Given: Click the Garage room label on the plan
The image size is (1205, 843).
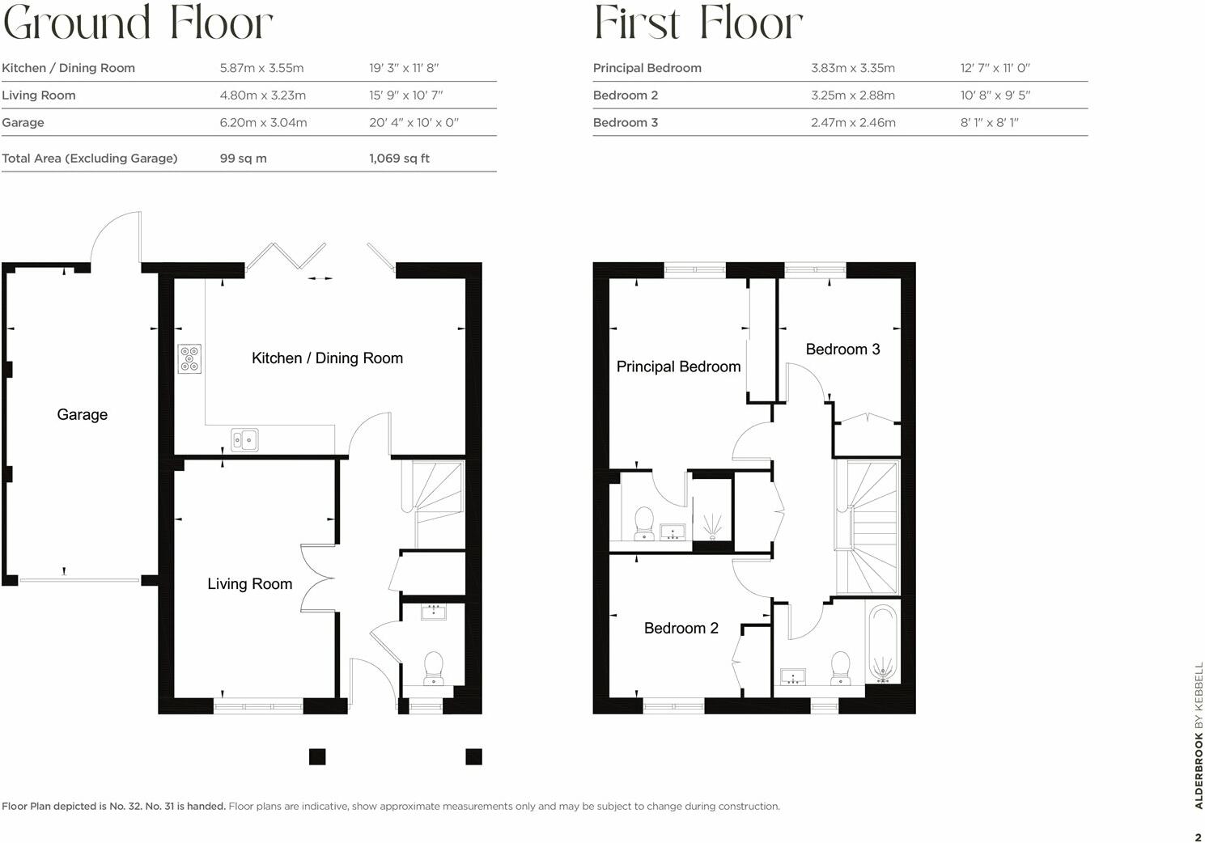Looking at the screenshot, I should (82, 414).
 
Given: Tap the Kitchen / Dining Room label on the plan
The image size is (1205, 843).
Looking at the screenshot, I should (327, 358).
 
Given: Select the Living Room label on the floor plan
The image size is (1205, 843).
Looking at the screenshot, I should (249, 583).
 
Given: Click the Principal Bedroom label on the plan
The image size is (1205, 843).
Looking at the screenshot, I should (678, 366).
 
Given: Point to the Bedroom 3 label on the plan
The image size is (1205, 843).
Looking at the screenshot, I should (842, 349).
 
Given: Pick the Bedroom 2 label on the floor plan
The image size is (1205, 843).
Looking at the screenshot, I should (681, 628).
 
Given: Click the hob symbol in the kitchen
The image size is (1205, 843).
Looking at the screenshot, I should (190, 358).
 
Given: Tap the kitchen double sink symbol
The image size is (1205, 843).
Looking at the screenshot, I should (244, 439).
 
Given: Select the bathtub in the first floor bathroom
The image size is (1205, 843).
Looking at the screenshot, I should (883, 643).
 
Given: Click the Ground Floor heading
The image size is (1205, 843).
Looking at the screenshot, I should (138, 23).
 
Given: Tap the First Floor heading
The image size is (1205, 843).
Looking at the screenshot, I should (698, 23).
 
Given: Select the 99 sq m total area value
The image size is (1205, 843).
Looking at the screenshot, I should (243, 159).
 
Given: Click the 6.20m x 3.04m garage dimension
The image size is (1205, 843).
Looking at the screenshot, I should (263, 123).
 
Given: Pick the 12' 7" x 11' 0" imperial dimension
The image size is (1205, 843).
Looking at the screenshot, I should (995, 68).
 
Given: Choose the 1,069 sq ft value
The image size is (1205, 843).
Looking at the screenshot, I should (399, 159).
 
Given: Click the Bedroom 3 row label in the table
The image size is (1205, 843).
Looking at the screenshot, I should (625, 123).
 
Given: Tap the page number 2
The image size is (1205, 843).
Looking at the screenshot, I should (1198, 837).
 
